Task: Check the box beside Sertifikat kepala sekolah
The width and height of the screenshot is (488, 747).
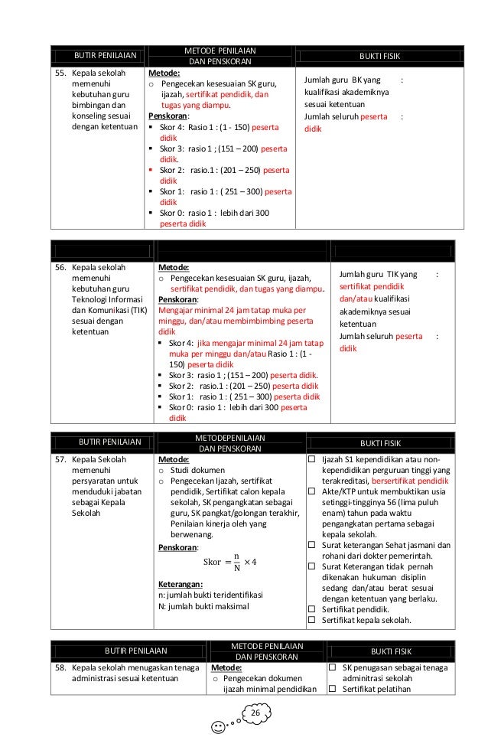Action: pyautogui.click(x=311, y=621)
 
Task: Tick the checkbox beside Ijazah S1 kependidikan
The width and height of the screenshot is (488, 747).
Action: pyautogui.click(x=311, y=459)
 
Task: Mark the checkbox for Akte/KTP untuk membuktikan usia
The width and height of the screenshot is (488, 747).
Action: pyautogui.click(x=311, y=490)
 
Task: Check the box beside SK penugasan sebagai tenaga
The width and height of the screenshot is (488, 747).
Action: pyautogui.click(x=333, y=668)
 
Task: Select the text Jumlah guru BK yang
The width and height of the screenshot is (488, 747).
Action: pyautogui.click(x=343, y=80)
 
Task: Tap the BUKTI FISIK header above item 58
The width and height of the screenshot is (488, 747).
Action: pyautogui.click(x=391, y=651)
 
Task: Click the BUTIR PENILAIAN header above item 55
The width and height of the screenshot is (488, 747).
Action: pyautogui.click(x=105, y=56)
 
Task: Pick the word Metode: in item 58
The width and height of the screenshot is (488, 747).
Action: pyautogui.click(x=226, y=667)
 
